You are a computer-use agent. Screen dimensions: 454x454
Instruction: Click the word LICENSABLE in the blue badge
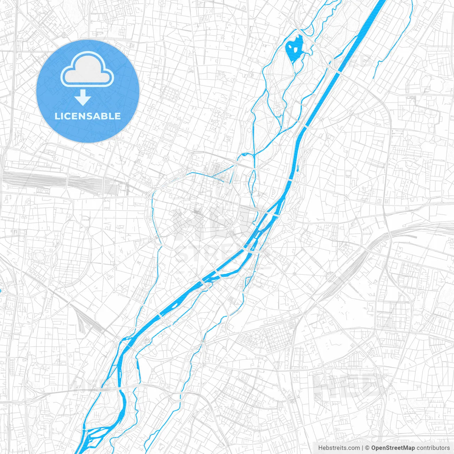click(88, 116)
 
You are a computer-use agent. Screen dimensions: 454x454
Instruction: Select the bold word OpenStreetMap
click(393, 448)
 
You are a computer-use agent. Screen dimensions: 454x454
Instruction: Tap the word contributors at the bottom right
click(433, 448)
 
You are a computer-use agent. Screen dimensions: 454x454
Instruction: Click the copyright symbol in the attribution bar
click(367, 448)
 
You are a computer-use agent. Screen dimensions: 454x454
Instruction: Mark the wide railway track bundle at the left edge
click(35, 179)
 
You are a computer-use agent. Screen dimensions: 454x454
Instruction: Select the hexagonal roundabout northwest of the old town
click(165, 159)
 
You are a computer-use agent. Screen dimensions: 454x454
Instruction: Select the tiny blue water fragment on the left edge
click(1, 292)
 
